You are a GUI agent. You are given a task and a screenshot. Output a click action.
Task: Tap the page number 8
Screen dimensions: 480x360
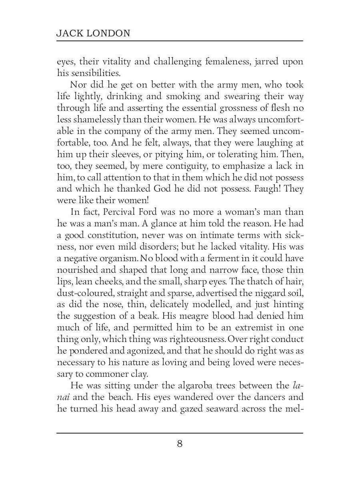coord(180,444)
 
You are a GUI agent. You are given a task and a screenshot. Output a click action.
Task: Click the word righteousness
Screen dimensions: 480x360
coord(192,339)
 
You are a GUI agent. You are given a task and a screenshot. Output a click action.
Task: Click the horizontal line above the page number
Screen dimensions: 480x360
coord(180,433)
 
